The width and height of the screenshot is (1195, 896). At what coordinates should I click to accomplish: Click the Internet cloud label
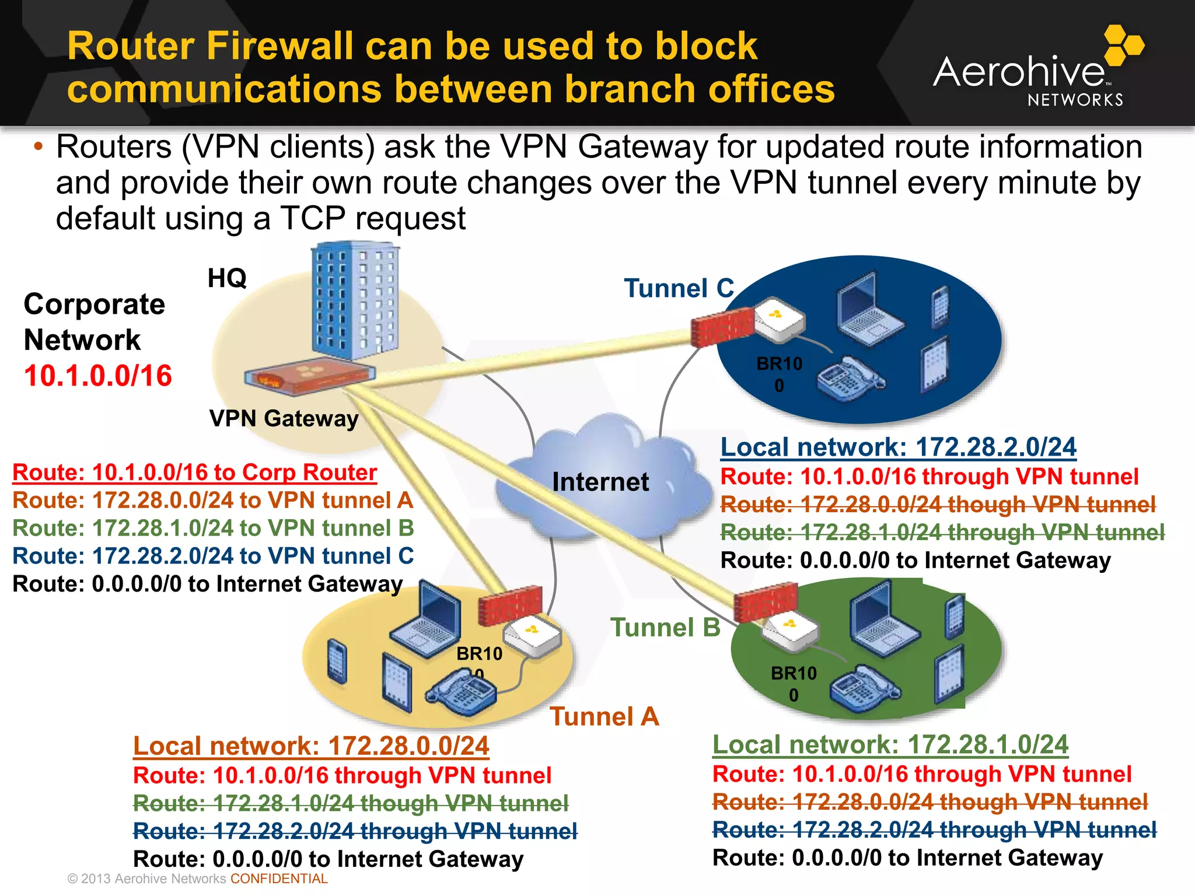(600, 482)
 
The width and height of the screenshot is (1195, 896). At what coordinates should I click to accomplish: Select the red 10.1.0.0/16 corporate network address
(98, 376)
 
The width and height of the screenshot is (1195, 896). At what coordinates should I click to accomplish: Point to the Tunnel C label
(679, 288)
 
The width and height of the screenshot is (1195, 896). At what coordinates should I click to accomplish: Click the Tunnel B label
(665, 628)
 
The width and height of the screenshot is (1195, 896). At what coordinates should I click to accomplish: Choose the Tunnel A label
(604, 716)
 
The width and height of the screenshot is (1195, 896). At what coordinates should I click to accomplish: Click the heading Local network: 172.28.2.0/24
(898, 447)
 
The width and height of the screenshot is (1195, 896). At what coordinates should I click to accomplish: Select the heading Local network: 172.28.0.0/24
(311, 746)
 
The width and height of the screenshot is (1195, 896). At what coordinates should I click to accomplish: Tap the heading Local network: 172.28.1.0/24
(890, 745)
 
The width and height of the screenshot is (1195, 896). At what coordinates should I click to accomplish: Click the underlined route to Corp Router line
(194, 473)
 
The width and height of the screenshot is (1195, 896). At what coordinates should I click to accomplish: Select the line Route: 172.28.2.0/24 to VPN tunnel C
(213, 556)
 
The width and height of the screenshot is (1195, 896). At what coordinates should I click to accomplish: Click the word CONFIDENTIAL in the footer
(279, 879)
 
